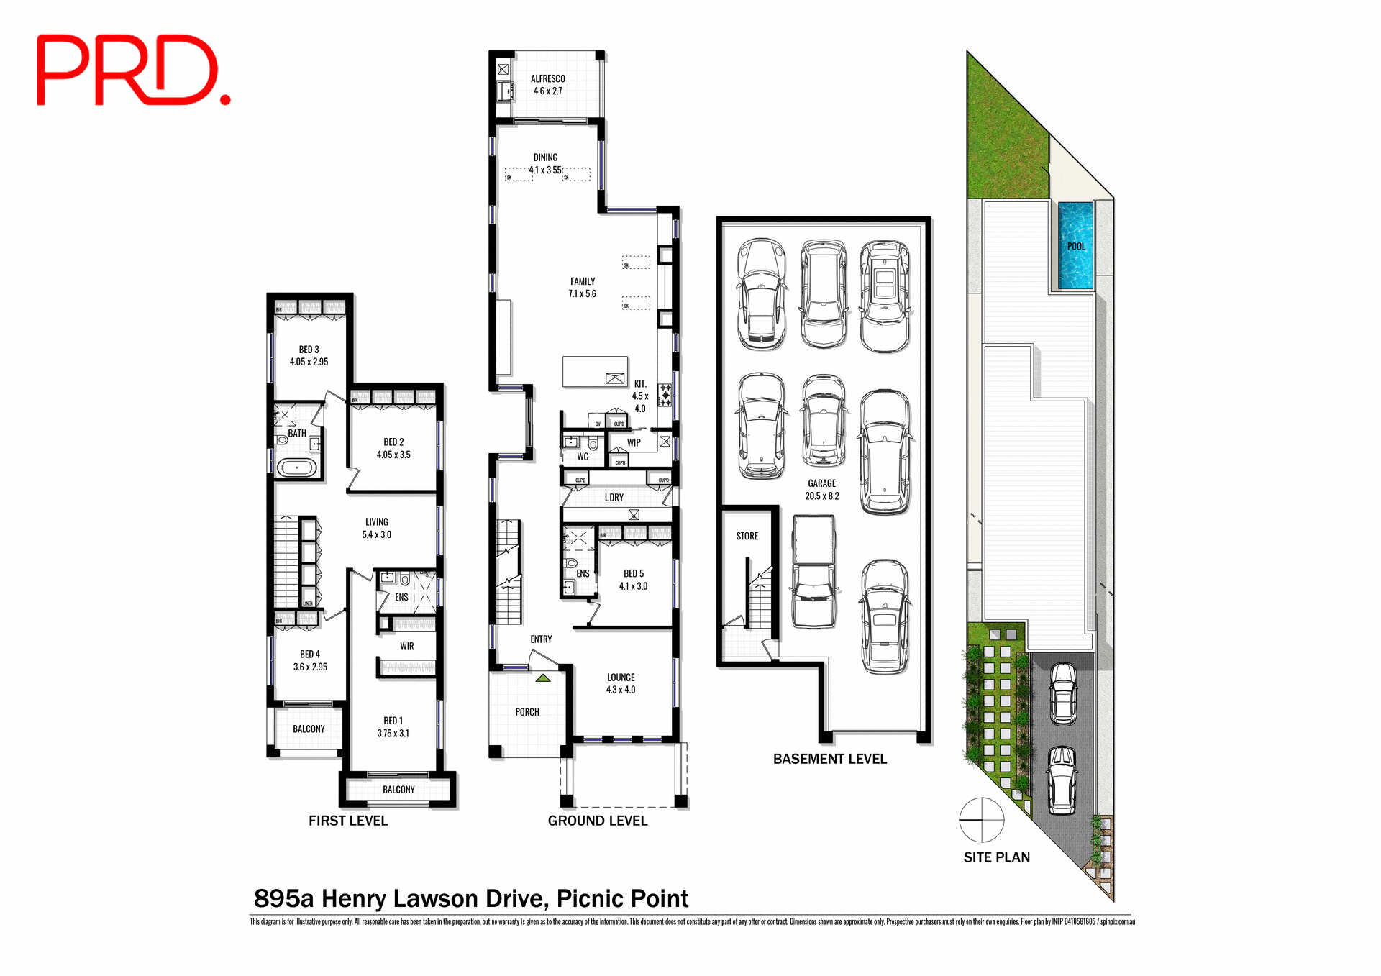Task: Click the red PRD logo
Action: pos(133,70)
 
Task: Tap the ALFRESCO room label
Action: pos(547,85)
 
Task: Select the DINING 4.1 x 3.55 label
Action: pos(545,164)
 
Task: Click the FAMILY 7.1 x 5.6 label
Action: pos(582,288)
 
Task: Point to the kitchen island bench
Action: pos(595,371)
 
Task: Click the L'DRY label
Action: pos(614,498)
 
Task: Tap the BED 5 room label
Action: pos(633,580)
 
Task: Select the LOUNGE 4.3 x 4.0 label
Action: pos(620,683)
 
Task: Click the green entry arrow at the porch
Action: pos(543,678)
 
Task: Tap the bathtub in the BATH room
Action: pos(296,468)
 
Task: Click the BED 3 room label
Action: pos(309,355)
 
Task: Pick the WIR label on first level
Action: pos(406,647)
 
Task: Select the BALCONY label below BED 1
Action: pos(398,790)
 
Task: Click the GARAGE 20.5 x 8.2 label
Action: pos(821,490)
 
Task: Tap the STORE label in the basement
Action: pos(747,537)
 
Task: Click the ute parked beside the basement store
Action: pos(813,572)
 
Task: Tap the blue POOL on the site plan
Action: pos(1075,246)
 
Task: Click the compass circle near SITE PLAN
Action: pos(981,820)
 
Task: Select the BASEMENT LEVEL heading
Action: pos(829,760)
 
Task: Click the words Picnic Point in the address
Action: pos(622,899)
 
